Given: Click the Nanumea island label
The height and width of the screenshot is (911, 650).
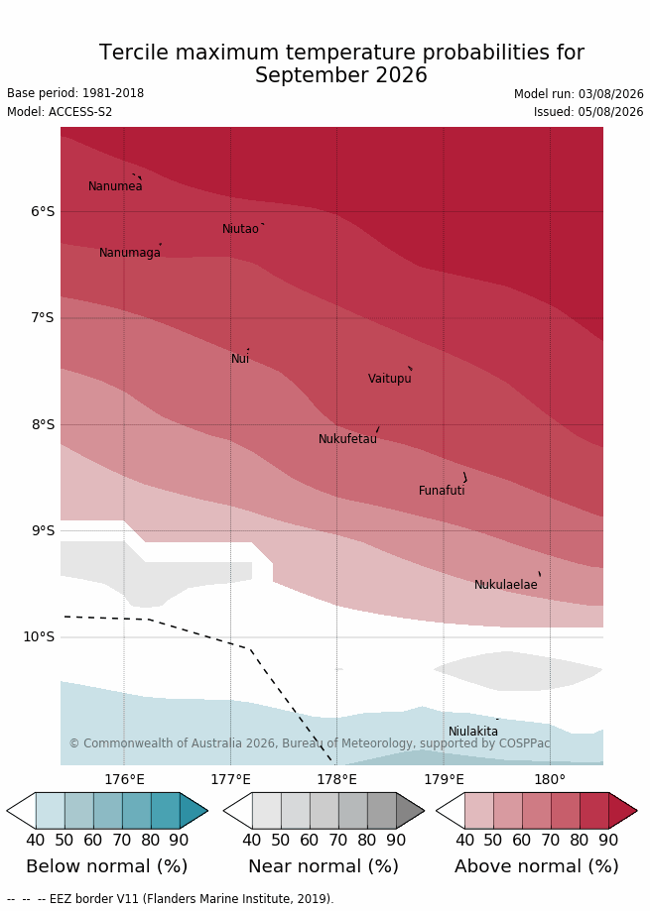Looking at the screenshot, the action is coord(115,186).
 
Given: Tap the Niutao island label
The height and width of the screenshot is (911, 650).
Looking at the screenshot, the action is coord(240,229).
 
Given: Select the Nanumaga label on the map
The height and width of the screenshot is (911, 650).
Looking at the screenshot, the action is coord(130,253).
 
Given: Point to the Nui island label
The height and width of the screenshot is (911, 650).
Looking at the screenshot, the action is coord(240,359).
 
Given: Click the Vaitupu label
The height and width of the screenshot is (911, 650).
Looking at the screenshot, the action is coord(390,379).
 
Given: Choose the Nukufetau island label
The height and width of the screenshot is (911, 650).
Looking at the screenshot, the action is coord(347,439).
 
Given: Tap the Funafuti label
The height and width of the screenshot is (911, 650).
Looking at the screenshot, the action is coord(442,491).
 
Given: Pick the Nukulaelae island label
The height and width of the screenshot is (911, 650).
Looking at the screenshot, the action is coord(506,585).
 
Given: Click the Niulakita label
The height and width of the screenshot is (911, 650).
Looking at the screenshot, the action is coord(472,732).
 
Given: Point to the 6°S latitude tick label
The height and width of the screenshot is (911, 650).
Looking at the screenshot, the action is coord(43,211).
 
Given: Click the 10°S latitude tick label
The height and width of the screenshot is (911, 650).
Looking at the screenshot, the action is coord(39,636).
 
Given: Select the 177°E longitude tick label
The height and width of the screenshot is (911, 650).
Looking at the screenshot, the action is coord(231,779).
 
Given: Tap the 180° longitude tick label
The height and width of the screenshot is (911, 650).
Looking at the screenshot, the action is coord(550,779).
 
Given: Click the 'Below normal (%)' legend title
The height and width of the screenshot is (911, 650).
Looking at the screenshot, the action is coord(107,866).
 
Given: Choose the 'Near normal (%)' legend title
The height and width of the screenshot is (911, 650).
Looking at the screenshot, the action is coord(324,866).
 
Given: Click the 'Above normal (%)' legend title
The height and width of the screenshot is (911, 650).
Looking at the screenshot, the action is coord(536,866).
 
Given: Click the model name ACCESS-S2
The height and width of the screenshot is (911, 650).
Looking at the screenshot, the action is coord(80,112).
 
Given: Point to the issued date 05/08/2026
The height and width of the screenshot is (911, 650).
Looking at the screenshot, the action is coord(610,112).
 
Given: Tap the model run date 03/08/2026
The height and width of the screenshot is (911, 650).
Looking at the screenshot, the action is coord(610,94).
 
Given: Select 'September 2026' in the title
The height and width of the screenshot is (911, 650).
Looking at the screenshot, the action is coord(341,75).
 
